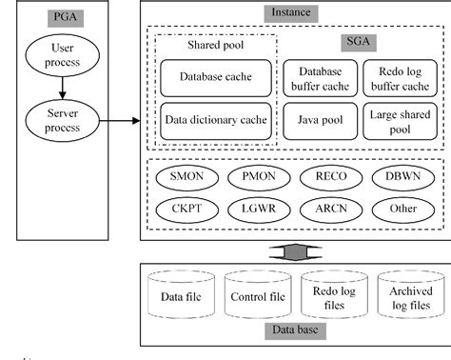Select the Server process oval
click(x=62, y=121)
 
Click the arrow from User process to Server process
click(x=62, y=89)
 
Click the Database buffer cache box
click(x=319, y=78)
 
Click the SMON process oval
click(x=186, y=177)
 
